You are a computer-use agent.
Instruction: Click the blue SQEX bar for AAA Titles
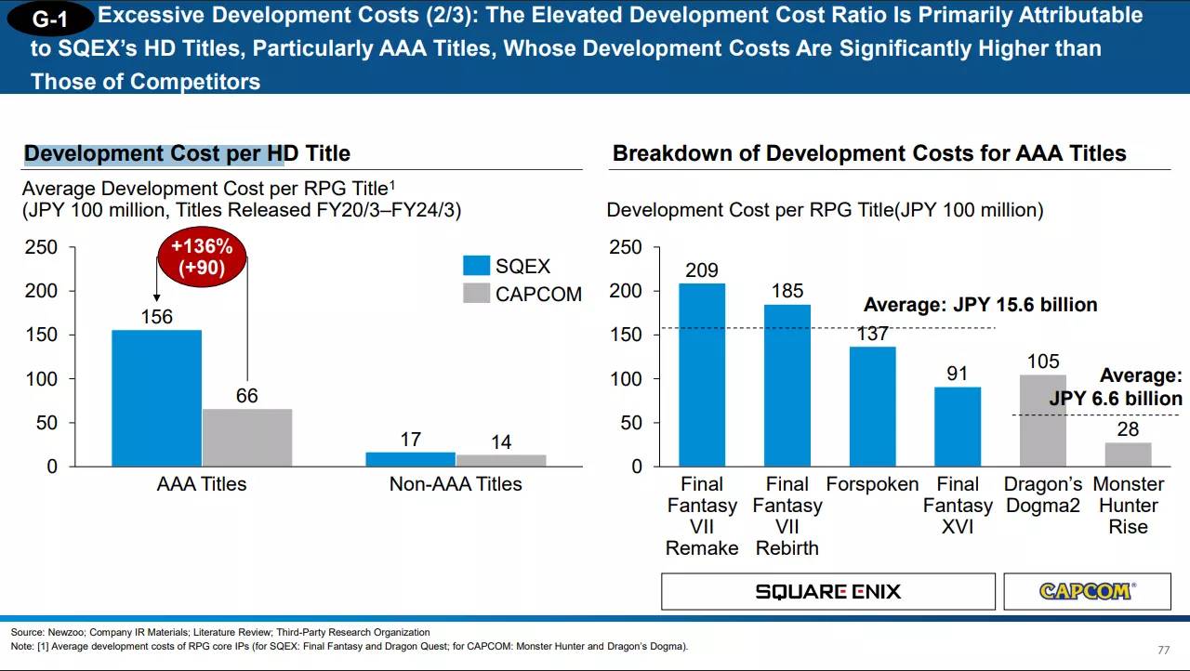(156, 398)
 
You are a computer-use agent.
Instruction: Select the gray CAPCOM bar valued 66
(246, 437)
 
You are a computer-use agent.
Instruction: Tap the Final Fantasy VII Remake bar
(702, 374)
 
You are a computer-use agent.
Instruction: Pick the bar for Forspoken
(872, 406)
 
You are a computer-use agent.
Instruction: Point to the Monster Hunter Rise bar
(1128, 454)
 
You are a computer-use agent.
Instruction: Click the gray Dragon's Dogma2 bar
(1042, 420)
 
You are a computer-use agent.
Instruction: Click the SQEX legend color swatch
(476, 266)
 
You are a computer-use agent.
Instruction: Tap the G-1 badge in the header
(50, 20)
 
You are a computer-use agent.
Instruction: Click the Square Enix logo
(827, 591)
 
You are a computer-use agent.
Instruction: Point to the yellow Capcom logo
(1086, 591)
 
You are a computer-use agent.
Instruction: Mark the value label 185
(787, 291)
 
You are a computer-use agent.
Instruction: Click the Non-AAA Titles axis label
(456, 484)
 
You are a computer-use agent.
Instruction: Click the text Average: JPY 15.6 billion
(980, 305)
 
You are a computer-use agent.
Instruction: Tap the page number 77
(1163, 650)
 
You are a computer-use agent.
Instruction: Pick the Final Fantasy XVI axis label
(958, 506)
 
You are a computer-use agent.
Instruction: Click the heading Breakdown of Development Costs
(868, 153)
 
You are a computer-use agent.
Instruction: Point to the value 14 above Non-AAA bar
(501, 442)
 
